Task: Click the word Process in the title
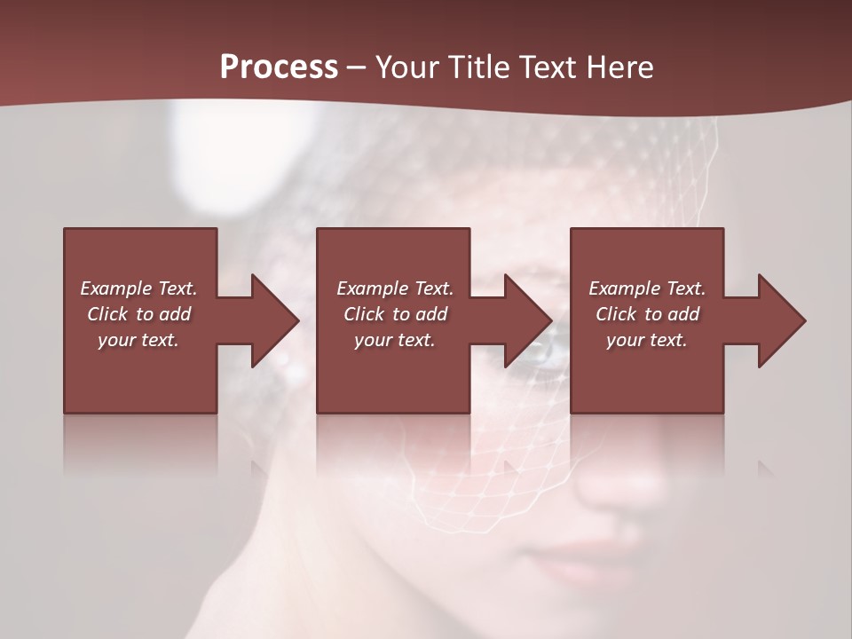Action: pyautogui.click(x=279, y=67)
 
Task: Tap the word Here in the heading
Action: pyautogui.click(x=621, y=67)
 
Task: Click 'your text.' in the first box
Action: pyautogui.click(x=138, y=340)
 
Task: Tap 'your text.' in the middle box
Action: pyautogui.click(x=394, y=340)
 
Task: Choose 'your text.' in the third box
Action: pyautogui.click(x=646, y=340)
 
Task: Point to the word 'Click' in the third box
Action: pyautogui.click(x=616, y=314)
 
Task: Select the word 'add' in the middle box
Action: pyautogui.click(x=431, y=314)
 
